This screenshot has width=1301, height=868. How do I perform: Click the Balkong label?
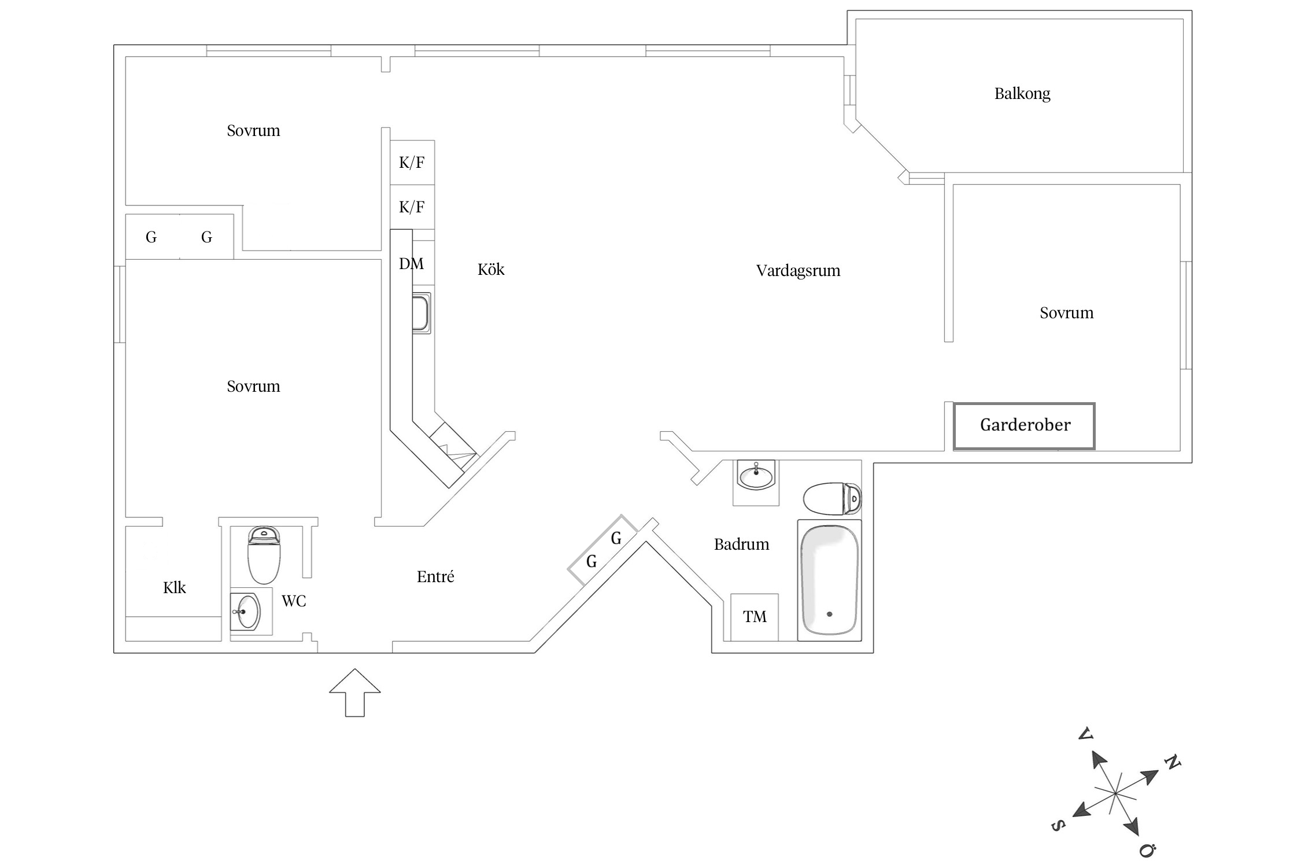1022,94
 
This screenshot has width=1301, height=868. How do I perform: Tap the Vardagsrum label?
798,271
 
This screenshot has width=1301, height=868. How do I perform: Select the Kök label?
491,270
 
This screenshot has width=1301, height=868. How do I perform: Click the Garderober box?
1024,425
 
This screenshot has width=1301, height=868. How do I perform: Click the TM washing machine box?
755,617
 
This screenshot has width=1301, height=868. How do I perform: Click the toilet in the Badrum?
831,499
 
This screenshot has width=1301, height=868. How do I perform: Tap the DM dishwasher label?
411,264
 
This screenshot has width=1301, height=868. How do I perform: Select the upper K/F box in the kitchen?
412,163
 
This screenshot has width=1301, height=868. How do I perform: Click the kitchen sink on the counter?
421,313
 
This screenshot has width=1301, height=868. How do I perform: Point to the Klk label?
174,588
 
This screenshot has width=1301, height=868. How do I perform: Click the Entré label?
435,577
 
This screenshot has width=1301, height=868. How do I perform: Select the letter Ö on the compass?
1147,850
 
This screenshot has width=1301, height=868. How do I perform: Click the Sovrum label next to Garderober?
1066,313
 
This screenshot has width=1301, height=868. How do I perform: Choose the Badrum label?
741,545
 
